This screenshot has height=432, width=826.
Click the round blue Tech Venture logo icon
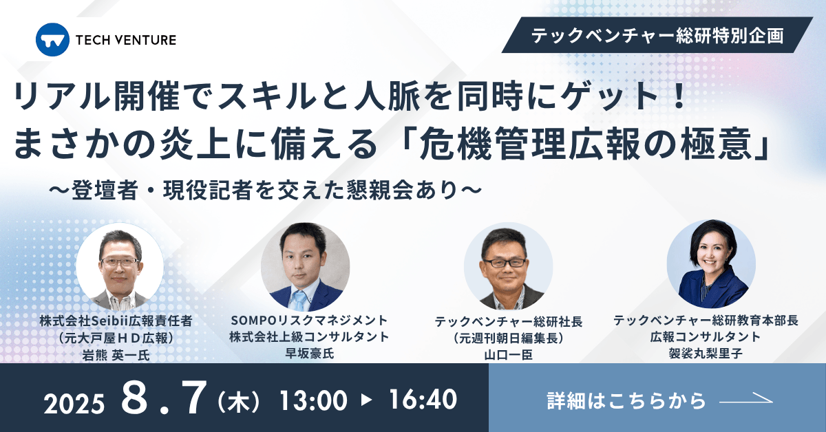52,40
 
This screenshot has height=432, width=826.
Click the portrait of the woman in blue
710,263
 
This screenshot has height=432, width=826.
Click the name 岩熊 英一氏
115,355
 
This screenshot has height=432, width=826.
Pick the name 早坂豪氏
309,355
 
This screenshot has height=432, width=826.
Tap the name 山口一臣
508,355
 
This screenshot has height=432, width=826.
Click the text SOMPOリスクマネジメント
309,320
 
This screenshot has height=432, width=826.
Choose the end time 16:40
423,400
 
